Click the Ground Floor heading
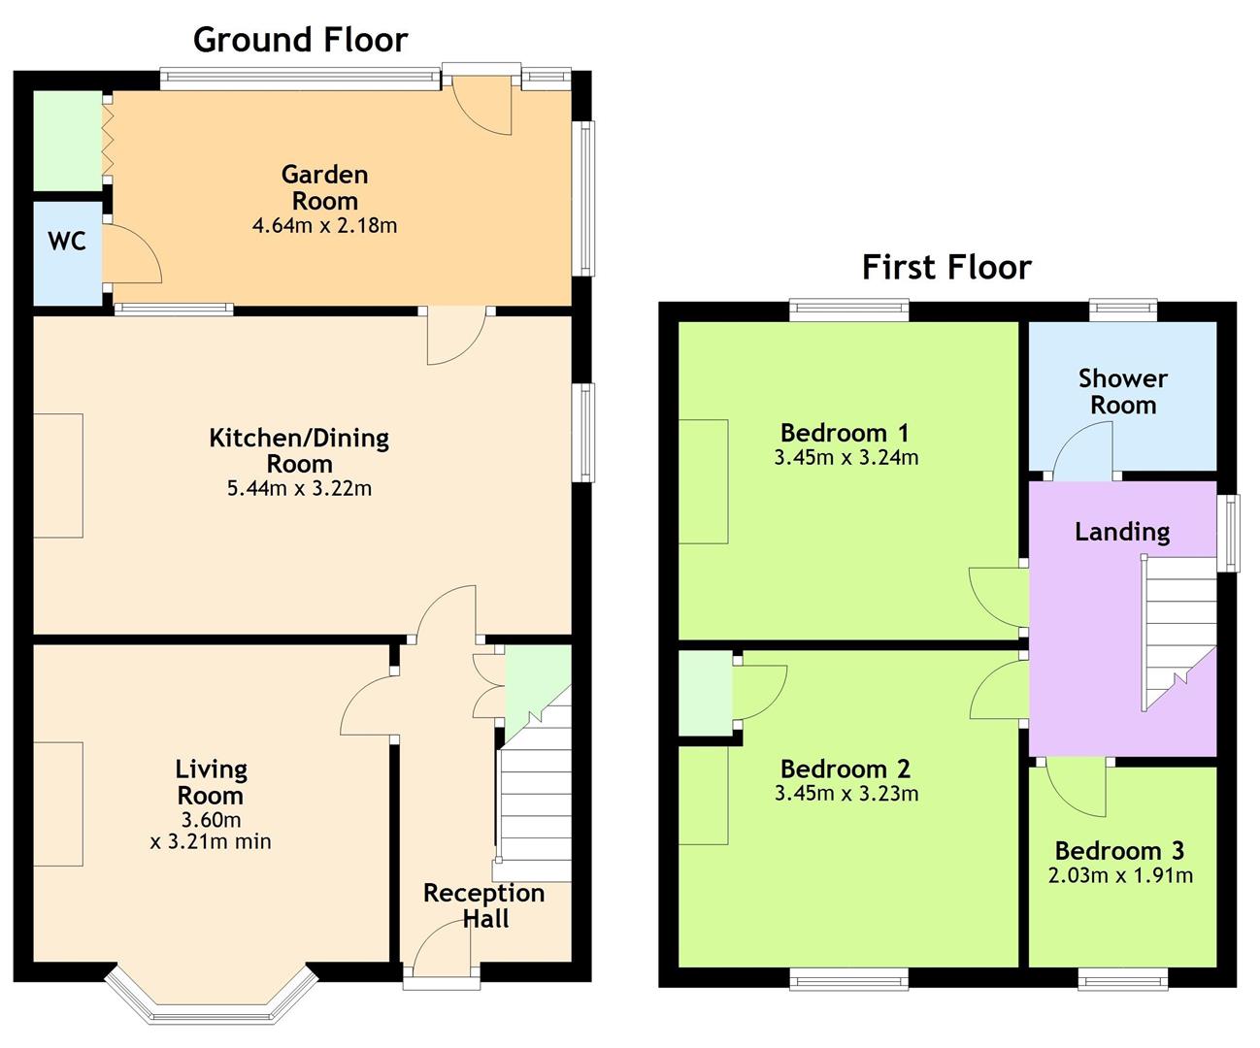301,40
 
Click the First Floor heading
946,267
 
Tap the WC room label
66,242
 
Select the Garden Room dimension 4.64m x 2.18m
324,226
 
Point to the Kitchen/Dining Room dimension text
299,488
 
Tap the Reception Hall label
484,905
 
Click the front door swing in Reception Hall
441,948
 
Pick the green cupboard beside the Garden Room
67,141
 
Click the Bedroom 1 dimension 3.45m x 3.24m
846,457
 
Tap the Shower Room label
1122,392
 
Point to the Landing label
1122,532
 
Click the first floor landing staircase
1177,634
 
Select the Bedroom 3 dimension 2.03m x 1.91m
1120,875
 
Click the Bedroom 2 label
845,770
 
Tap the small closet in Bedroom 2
705,693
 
